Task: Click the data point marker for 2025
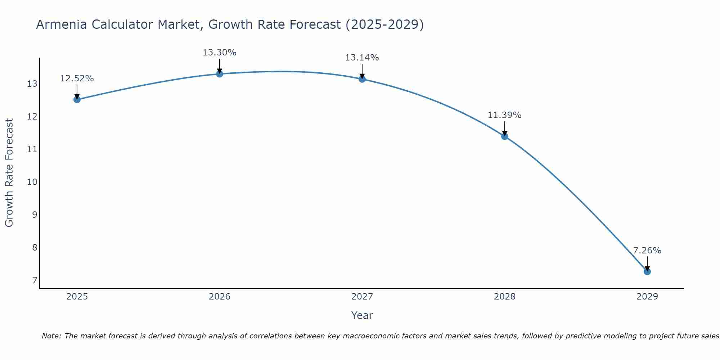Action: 77,100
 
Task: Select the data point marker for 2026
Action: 220,74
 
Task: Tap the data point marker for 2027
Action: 362,79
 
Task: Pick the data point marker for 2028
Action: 505,136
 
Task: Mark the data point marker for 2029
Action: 647,272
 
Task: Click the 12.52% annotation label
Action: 77,78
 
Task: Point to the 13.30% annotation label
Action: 220,53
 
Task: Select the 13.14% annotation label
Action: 362,58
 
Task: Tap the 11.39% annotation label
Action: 505,115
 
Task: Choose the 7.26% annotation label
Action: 647,251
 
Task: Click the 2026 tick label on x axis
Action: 220,297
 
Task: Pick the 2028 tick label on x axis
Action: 505,297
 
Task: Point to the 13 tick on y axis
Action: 32,84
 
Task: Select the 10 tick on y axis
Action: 32,182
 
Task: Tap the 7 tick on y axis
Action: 35,280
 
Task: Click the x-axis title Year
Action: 362,315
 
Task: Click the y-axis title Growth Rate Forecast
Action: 9,173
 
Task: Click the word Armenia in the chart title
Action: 62,24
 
